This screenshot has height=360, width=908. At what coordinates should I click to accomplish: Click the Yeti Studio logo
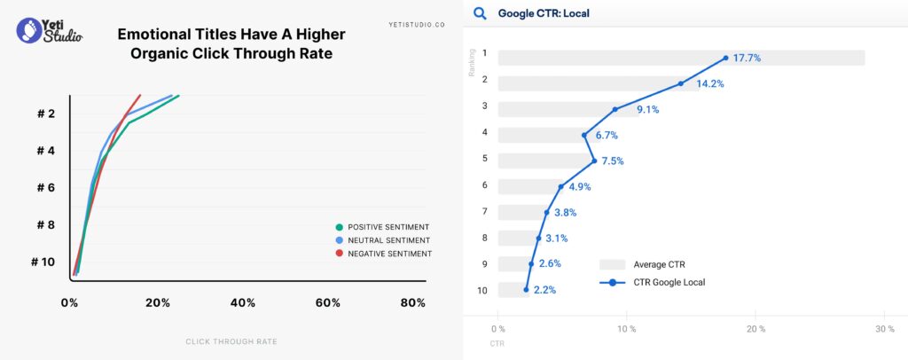pos(50,30)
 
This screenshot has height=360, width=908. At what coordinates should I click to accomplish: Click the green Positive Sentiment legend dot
pos(340,226)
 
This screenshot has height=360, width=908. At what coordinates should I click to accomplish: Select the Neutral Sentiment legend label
pos(389,240)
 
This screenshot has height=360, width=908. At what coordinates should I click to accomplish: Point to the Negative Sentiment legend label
pos(390,254)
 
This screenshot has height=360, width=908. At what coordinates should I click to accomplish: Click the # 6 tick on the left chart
pos(46,188)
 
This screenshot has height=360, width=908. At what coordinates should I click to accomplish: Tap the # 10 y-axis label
pos(43,262)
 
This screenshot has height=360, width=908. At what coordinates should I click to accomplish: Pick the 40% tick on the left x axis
pos(243,303)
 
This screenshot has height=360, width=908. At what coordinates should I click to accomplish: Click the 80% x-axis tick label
pos(412,303)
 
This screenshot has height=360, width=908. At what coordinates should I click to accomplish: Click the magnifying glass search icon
pos(480,13)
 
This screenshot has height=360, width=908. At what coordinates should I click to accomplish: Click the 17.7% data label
pos(747,58)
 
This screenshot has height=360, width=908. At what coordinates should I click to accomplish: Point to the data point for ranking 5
pos(594,161)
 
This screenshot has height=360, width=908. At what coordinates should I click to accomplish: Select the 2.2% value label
pos(544,290)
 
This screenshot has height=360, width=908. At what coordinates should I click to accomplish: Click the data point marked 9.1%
pos(614,110)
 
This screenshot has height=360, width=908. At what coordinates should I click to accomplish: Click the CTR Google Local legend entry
pos(669,282)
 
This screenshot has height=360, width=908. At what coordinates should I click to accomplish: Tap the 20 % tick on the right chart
pos(755,329)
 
